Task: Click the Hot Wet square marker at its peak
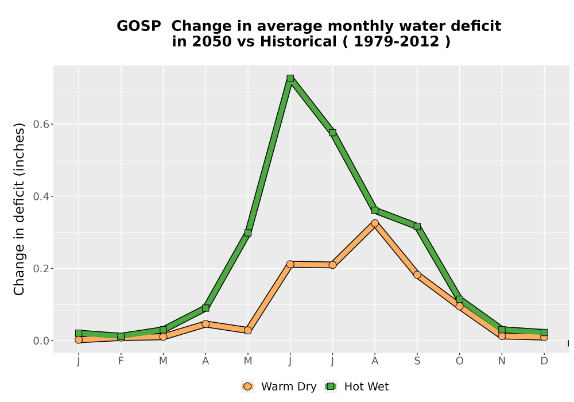tap(290, 78)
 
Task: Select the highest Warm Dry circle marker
tap(375, 223)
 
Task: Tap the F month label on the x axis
tap(121, 361)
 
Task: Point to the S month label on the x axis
tap(417, 361)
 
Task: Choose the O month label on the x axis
tap(459, 361)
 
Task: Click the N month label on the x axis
tap(502, 361)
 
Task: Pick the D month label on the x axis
tap(544, 361)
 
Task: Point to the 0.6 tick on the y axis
tap(41, 125)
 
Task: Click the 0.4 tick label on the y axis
tap(41, 196)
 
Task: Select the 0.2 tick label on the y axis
tap(41, 269)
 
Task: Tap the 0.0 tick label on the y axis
tap(41, 341)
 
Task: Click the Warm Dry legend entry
tap(279, 386)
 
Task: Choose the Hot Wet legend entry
tap(356, 386)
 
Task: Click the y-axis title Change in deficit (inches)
tap(19, 209)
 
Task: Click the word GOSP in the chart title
tap(139, 26)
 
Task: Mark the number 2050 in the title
tap(212, 42)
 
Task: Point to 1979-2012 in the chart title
tap(397, 42)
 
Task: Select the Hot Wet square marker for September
tap(417, 227)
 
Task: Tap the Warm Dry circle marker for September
tap(417, 275)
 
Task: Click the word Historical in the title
tap(298, 42)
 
